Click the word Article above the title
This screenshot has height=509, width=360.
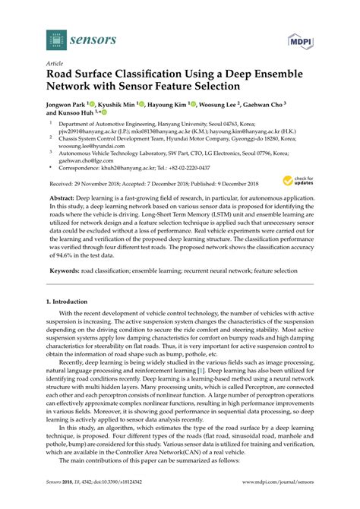tap(55, 65)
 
